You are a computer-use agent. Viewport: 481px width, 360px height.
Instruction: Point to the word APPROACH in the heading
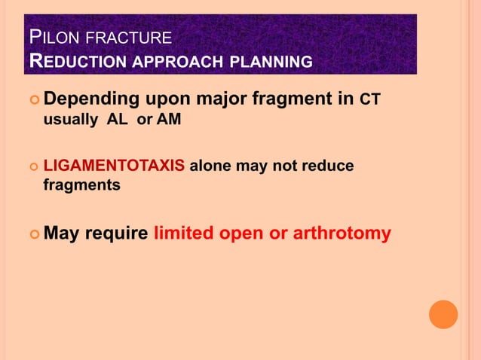click(x=180, y=61)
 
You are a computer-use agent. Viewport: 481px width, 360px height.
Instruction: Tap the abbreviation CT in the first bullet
click(x=371, y=99)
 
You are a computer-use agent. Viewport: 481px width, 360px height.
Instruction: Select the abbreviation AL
click(x=118, y=120)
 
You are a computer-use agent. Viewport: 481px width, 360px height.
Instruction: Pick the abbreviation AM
click(x=169, y=120)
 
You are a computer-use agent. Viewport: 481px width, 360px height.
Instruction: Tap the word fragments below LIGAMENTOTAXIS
click(x=81, y=185)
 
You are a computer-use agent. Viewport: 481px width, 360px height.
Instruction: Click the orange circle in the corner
click(x=443, y=314)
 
